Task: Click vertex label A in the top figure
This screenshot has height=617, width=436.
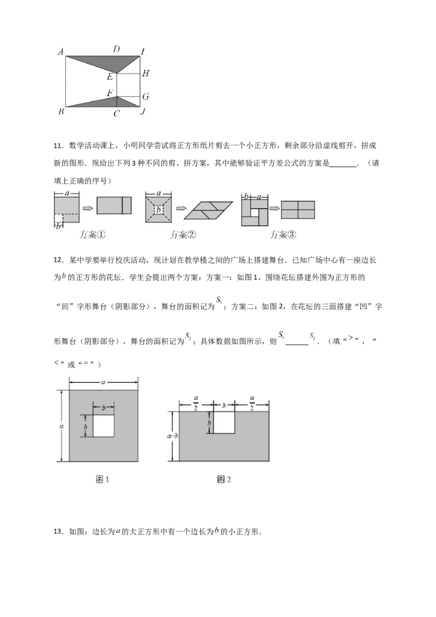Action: click(60, 52)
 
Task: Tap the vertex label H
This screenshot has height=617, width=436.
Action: click(146, 73)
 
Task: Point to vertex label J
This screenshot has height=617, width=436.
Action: click(143, 111)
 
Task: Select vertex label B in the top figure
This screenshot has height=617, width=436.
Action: click(61, 112)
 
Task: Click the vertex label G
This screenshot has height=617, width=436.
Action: click(146, 96)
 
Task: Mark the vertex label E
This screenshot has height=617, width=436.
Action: click(110, 77)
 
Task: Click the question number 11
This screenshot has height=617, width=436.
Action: click(58, 146)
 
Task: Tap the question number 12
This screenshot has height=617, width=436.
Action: click(58, 260)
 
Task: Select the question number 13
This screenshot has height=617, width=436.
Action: click(58, 531)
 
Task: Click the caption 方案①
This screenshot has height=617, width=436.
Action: click(93, 235)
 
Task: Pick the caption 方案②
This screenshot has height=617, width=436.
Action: click(183, 235)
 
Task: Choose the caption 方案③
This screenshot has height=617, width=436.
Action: click(283, 235)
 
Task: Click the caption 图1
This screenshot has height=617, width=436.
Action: click(102, 479)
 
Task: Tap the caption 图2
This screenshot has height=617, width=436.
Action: click(224, 479)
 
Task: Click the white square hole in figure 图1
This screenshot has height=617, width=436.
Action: click(104, 425)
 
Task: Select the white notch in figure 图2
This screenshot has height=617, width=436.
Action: click(224, 422)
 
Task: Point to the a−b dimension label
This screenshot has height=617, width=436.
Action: click(172, 436)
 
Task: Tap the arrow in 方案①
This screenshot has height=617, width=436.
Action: click(88, 208)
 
